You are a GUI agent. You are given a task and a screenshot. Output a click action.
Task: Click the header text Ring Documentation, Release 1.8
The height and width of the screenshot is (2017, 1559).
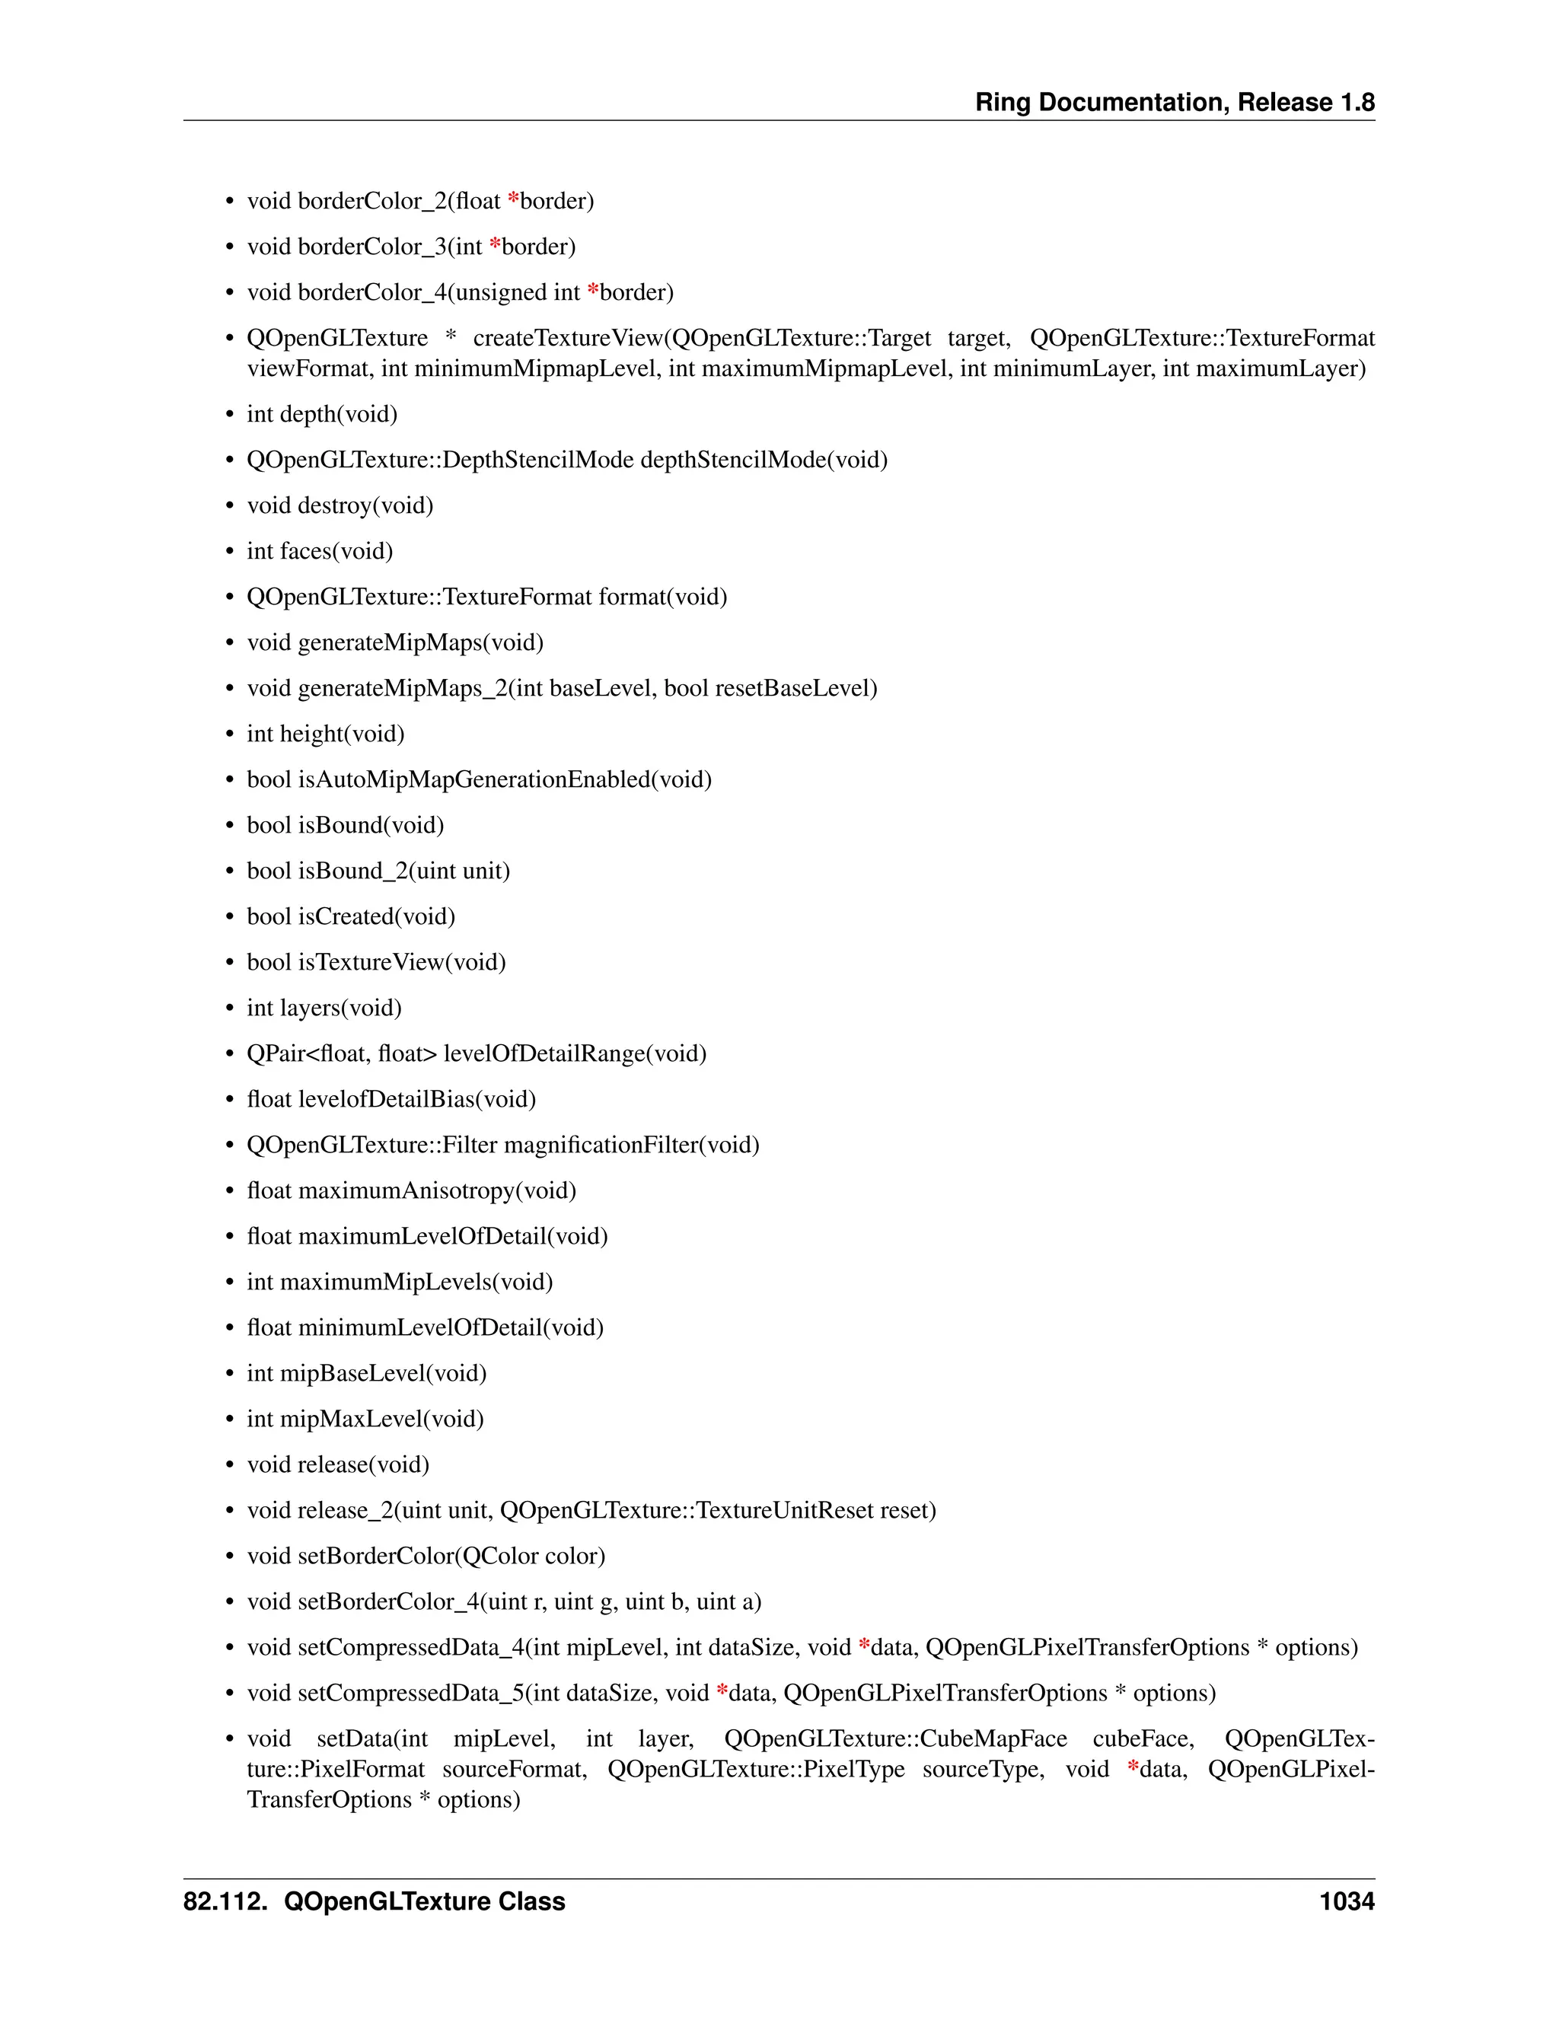tap(1174, 103)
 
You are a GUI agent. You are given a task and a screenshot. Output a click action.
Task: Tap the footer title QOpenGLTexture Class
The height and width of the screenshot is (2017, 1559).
tap(424, 1901)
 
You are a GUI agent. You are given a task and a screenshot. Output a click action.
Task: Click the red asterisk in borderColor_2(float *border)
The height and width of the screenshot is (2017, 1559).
tap(514, 199)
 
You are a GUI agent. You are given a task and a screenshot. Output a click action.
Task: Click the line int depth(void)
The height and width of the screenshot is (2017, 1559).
tap(321, 414)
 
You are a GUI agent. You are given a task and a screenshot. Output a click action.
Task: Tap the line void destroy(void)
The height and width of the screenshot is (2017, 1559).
tap(340, 505)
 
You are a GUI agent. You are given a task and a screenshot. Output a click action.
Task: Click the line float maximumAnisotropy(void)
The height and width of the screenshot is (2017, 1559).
tap(411, 1190)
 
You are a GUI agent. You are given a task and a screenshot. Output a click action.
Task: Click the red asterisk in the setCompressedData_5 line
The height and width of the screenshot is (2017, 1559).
tap(722, 1692)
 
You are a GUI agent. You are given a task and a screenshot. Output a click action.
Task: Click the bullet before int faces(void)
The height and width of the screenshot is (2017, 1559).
tap(230, 553)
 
